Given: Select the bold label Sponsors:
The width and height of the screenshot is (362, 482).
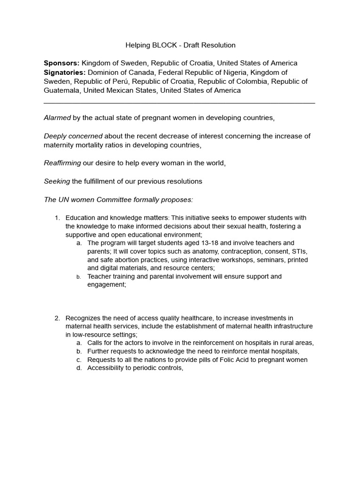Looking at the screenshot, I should [x=62, y=63].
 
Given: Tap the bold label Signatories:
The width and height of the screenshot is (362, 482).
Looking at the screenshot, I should [x=65, y=72].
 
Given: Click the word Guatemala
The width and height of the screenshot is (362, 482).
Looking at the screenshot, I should [x=61, y=90].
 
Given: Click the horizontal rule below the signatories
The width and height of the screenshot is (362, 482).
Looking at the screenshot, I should [x=179, y=103].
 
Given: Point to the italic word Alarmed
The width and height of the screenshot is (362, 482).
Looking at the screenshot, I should [x=57, y=118].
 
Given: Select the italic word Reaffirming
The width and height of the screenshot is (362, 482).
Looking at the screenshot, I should [x=62, y=163].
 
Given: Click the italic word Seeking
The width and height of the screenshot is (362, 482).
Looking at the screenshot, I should [x=57, y=181].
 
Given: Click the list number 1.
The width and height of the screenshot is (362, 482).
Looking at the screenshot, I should [x=58, y=218].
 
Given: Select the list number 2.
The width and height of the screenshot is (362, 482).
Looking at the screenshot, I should [x=58, y=318].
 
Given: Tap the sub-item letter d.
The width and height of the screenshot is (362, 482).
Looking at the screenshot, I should [x=79, y=368].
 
